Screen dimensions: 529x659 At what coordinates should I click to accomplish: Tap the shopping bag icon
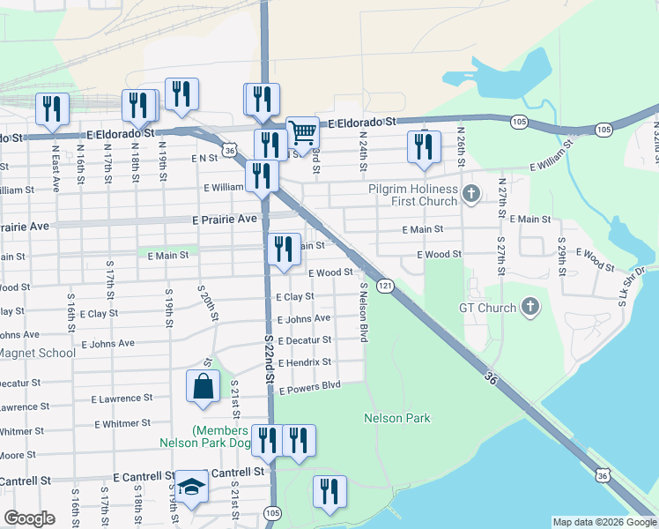(203, 387)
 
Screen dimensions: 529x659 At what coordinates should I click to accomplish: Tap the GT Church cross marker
(529, 308)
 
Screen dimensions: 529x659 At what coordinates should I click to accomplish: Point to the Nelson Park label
(396, 418)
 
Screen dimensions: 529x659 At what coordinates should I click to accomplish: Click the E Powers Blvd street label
(309, 385)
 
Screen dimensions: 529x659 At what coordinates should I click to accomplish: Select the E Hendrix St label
(305, 362)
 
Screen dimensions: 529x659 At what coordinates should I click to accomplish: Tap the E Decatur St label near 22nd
(305, 340)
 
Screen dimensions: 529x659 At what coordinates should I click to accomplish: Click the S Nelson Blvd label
(362, 313)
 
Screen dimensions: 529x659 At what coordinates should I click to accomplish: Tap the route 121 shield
(385, 286)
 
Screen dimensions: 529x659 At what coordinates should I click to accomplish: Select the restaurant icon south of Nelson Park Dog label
(329, 492)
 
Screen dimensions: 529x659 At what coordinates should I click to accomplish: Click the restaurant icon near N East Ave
(52, 108)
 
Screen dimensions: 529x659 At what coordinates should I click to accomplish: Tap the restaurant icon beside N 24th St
(424, 146)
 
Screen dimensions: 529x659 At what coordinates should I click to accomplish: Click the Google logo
(29, 518)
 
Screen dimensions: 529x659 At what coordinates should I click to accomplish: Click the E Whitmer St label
(122, 424)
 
